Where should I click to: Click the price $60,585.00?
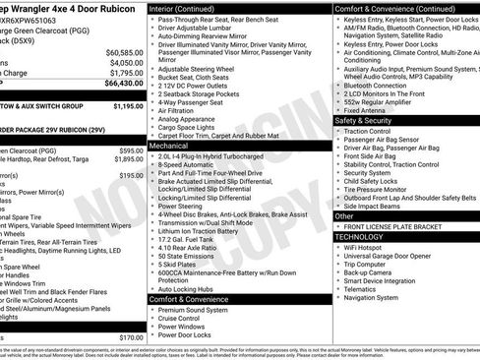[124, 52]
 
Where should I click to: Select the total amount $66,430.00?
[124, 85]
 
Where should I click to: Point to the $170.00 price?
[131, 337]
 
